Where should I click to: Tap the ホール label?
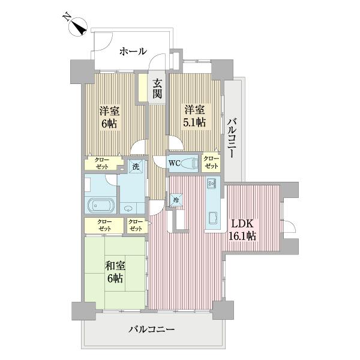click(133, 52)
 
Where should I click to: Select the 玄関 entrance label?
click(157, 88)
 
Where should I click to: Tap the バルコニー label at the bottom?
click(151, 329)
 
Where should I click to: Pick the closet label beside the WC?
click(211, 163)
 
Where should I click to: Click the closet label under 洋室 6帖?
click(100, 163)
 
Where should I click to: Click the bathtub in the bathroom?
click(101, 205)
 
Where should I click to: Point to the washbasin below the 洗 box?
click(131, 207)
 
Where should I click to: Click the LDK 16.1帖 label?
click(243, 230)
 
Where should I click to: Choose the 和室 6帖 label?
click(114, 272)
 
